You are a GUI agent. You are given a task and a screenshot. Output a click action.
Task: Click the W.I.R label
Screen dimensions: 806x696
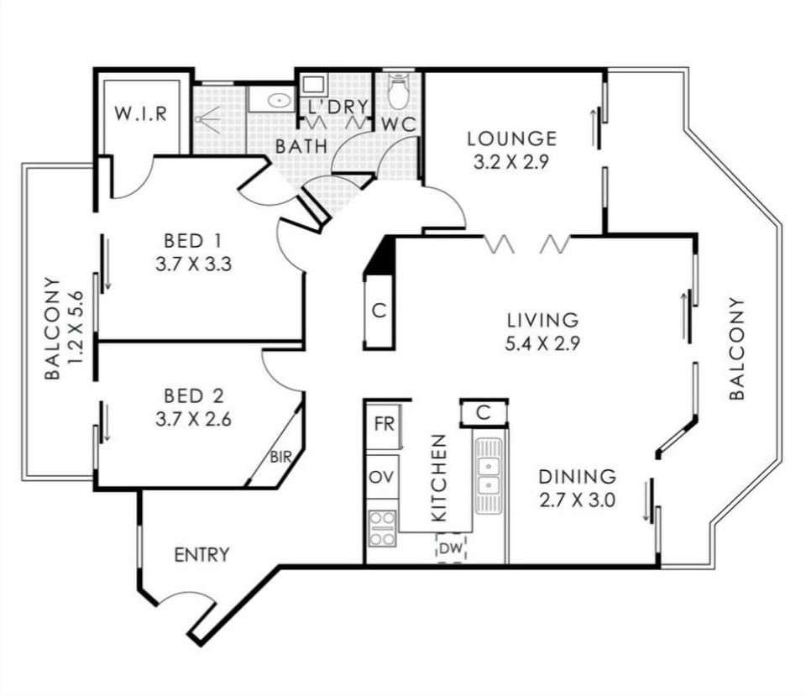tap(141, 113)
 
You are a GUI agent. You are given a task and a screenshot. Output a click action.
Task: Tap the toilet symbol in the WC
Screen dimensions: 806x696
tap(397, 91)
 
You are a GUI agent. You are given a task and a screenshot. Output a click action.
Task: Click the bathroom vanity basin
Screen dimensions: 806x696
tap(279, 101)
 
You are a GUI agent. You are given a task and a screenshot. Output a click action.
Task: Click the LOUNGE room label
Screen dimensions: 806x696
tap(512, 139)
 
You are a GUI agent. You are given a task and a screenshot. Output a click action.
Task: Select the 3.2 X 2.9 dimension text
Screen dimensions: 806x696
tap(511, 162)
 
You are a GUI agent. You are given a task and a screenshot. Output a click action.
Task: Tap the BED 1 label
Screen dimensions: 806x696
tap(193, 241)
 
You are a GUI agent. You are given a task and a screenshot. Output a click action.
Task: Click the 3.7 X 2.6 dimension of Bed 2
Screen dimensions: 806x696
tap(193, 420)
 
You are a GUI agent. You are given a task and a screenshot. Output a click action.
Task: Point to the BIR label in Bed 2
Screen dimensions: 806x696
tap(280, 457)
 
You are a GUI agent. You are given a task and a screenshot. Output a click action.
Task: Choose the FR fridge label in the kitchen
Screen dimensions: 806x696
tap(384, 424)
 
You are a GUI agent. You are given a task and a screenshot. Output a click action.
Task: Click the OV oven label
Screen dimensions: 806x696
tap(383, 477)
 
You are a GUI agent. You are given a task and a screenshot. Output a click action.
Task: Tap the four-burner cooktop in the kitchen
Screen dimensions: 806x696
tap(383, 528)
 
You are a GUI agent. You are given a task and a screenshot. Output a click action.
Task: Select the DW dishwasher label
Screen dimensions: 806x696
tap(452, 548)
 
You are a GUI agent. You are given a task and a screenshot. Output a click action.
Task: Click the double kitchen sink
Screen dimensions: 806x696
tap(488, 476)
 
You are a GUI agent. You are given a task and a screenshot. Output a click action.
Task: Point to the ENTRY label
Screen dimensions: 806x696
tap(201, 555)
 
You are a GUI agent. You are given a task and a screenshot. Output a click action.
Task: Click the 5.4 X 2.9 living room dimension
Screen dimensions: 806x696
tap(542, 343)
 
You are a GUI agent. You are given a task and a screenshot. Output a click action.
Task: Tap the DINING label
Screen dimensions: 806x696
tap(577, 477)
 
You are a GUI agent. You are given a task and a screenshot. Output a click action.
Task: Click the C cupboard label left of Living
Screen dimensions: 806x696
tap(379, 311)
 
